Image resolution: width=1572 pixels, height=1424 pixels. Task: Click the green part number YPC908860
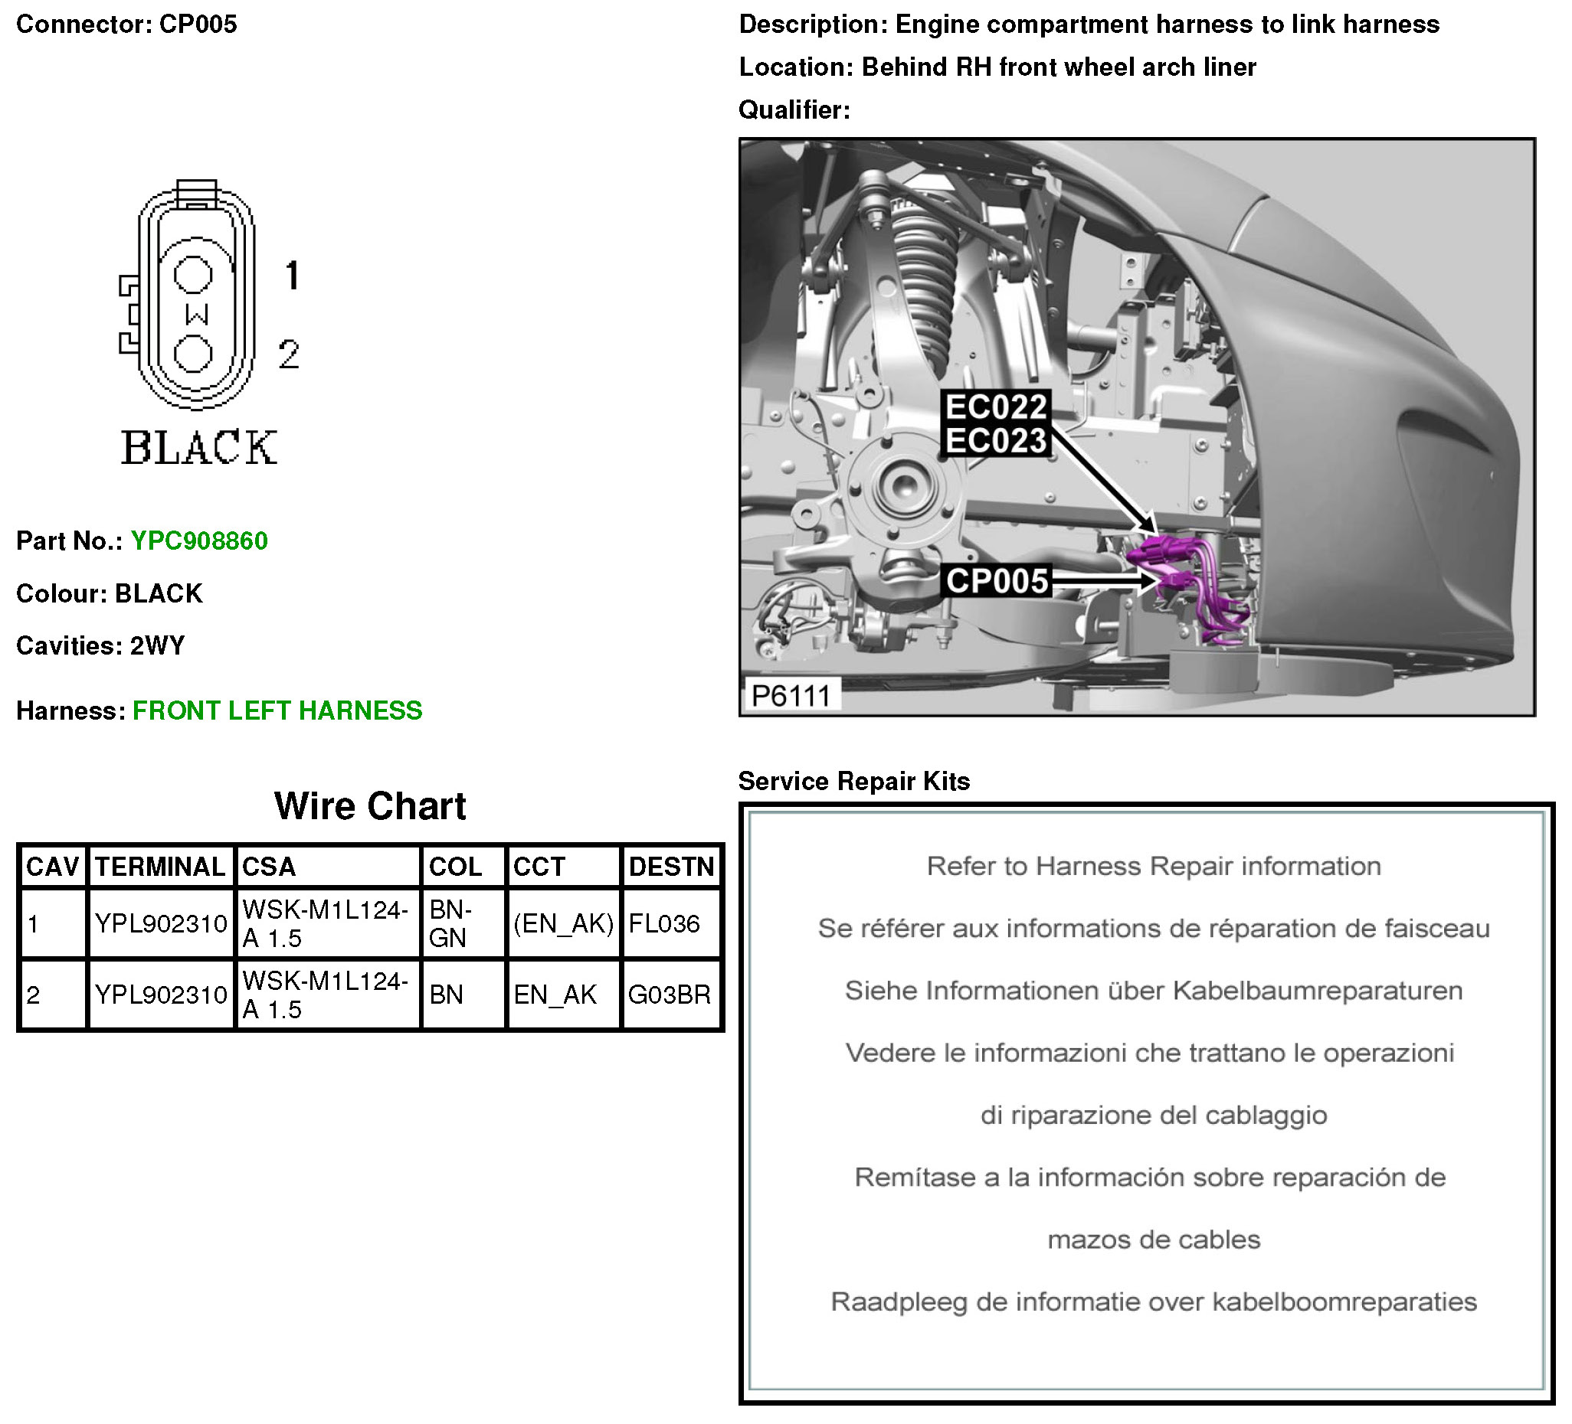coord(199,541)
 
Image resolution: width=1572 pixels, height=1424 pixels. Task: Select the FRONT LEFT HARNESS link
coord(277,710)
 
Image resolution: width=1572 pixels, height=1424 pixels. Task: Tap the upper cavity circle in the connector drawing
coord(192,273)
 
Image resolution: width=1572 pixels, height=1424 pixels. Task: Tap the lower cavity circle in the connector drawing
coord(192,354)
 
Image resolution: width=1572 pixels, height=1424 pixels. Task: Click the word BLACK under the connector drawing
coord(199,448)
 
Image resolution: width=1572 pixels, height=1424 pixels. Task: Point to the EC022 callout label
coord(996,407)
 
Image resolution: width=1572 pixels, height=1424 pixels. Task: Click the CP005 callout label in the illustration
coord(997,580)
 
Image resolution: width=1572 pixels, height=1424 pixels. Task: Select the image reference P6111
coord(791,694)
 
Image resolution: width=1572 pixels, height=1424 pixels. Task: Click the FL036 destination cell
coord(664,923)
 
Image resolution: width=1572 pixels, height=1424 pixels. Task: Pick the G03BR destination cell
coord(669,995)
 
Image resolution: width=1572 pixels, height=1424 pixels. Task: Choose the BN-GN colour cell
coord(450,923)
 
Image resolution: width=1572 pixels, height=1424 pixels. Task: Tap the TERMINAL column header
coord(160,867)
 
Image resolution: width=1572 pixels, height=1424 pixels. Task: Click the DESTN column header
coord(670,867)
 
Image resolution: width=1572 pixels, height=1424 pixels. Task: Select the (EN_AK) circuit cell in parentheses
coord(563,923)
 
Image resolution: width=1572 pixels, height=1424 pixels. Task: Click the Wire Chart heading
coord(369,806)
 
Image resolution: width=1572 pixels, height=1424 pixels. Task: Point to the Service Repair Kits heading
coord(854,781)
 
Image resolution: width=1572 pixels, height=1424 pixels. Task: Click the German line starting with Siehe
coord(1153,991)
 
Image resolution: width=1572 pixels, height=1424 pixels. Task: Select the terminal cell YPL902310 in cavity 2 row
coord(161,995)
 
